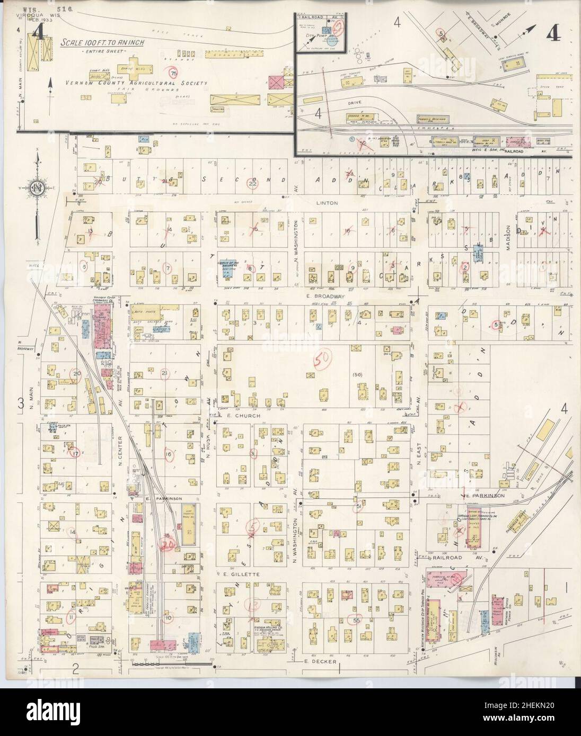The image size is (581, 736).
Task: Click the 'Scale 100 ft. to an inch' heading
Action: [104, 43]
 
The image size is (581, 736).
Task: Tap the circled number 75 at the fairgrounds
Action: [173, 73]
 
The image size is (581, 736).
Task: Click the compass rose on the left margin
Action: [37, 187]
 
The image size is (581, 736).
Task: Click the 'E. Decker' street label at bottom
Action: [303, 661]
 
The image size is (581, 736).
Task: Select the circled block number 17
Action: [76, 453]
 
